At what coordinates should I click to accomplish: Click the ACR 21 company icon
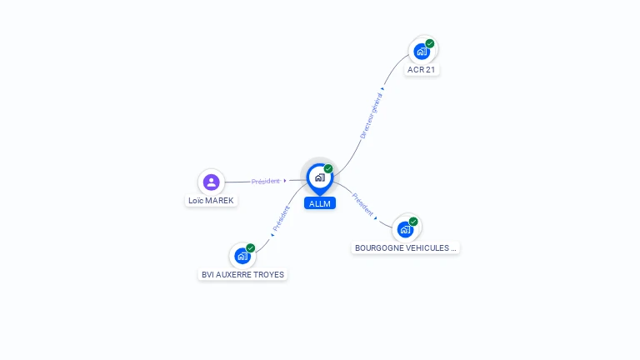422,52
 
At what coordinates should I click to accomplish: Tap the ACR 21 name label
421,70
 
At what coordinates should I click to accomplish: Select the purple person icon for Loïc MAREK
212,182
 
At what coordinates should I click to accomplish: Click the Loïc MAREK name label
211,201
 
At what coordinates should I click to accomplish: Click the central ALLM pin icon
320,179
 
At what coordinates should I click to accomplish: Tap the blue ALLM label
320,203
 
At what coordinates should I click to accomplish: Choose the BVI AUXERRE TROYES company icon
242,256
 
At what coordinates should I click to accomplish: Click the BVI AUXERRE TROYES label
242,275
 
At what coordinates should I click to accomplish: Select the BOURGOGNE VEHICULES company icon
405,229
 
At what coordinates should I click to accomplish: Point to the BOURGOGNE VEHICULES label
405,248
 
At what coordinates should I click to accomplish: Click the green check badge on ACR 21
430,43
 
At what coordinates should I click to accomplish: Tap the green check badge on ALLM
328,168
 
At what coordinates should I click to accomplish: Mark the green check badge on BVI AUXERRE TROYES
250,248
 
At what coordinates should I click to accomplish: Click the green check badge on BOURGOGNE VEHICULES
413,222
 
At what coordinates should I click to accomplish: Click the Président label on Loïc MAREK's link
265,181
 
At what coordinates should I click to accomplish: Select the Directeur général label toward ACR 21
371,116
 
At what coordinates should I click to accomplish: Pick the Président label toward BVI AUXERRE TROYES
281,218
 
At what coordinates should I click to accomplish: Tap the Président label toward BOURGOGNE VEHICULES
362,204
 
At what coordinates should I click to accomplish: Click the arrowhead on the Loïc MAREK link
285,181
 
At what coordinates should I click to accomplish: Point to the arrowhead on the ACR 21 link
382,88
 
